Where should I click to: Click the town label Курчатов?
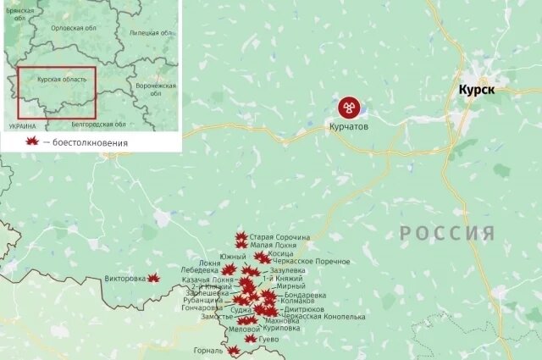tap(349, 126)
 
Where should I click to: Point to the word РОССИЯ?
tap(446, 234)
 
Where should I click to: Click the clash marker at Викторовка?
tap(153, 278)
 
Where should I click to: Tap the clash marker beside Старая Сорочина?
tap(241, 237)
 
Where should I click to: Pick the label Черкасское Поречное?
tap(311, 262)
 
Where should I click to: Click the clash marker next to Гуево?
tap(250, 340)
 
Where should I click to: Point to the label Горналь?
tap(207, 350)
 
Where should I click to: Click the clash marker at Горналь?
tap(233, 350)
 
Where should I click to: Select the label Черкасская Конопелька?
tap(324, 316)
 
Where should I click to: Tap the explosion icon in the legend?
tap(32, 141)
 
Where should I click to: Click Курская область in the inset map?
tap(61, 78)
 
